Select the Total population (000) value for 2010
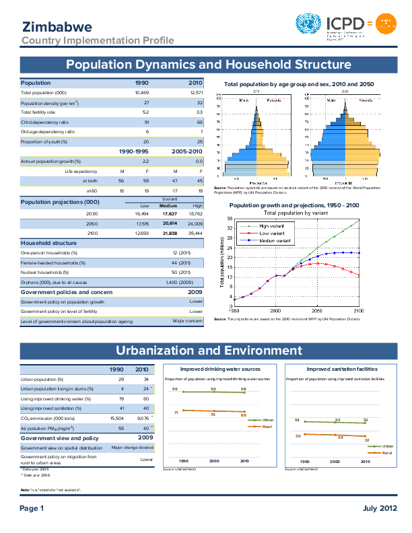click(x=196, y=92)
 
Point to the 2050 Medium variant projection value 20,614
click(x=168, y=223)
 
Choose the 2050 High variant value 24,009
click(x=195, y=223)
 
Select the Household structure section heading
click(x=48, y=242)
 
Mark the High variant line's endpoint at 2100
click(x=359, y=220)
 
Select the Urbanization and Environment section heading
click(x=209, y=351)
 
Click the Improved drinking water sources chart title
click(x=221, y=369)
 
